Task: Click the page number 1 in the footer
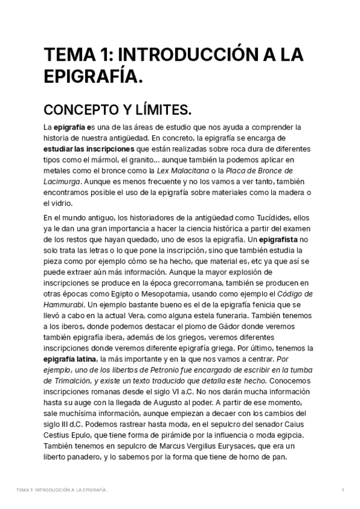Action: click(x=343, y=490)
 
